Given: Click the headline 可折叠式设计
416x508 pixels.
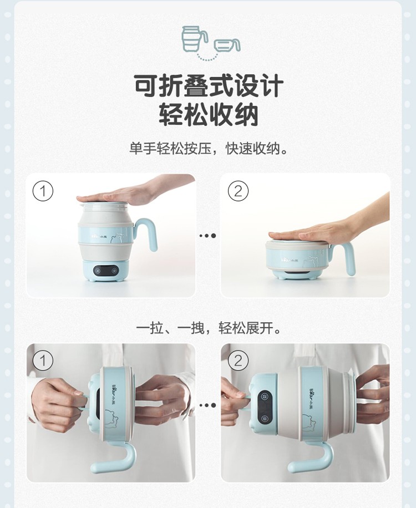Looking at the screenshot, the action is pyautogui.click(x=209, y=86).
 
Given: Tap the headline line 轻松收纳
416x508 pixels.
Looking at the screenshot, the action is pyautogui.click(x=209, y=114).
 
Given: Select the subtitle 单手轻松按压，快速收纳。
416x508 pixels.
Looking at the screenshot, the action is pyautogui.click(x=209, y=149).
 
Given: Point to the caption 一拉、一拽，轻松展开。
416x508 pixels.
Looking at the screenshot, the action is pyautogui.click(x=209, y=328).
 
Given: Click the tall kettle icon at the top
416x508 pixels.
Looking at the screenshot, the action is pyautogui.click(x=194, y=39).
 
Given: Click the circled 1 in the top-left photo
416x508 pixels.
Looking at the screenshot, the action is pyautogui.click(x=43, y=191).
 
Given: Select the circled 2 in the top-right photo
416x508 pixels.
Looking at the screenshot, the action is pyautogui.click(x=238, y=191).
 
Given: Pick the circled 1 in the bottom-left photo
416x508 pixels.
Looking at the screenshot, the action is pyautogui.click(x=43, y=360).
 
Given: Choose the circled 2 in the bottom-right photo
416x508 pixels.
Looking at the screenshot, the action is pyautogui.click(x=238, y=360).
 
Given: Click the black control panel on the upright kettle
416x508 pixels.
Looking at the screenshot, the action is pyautogui.click(x=105, y=270).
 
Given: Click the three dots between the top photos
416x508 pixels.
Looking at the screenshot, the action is pyautogui.click(x=207, y=236).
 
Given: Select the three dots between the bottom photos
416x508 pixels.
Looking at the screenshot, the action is pyautogui.click(x=207, y=405).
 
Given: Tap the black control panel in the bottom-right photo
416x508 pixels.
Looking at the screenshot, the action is pyautogui.click(x=265, y=405).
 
